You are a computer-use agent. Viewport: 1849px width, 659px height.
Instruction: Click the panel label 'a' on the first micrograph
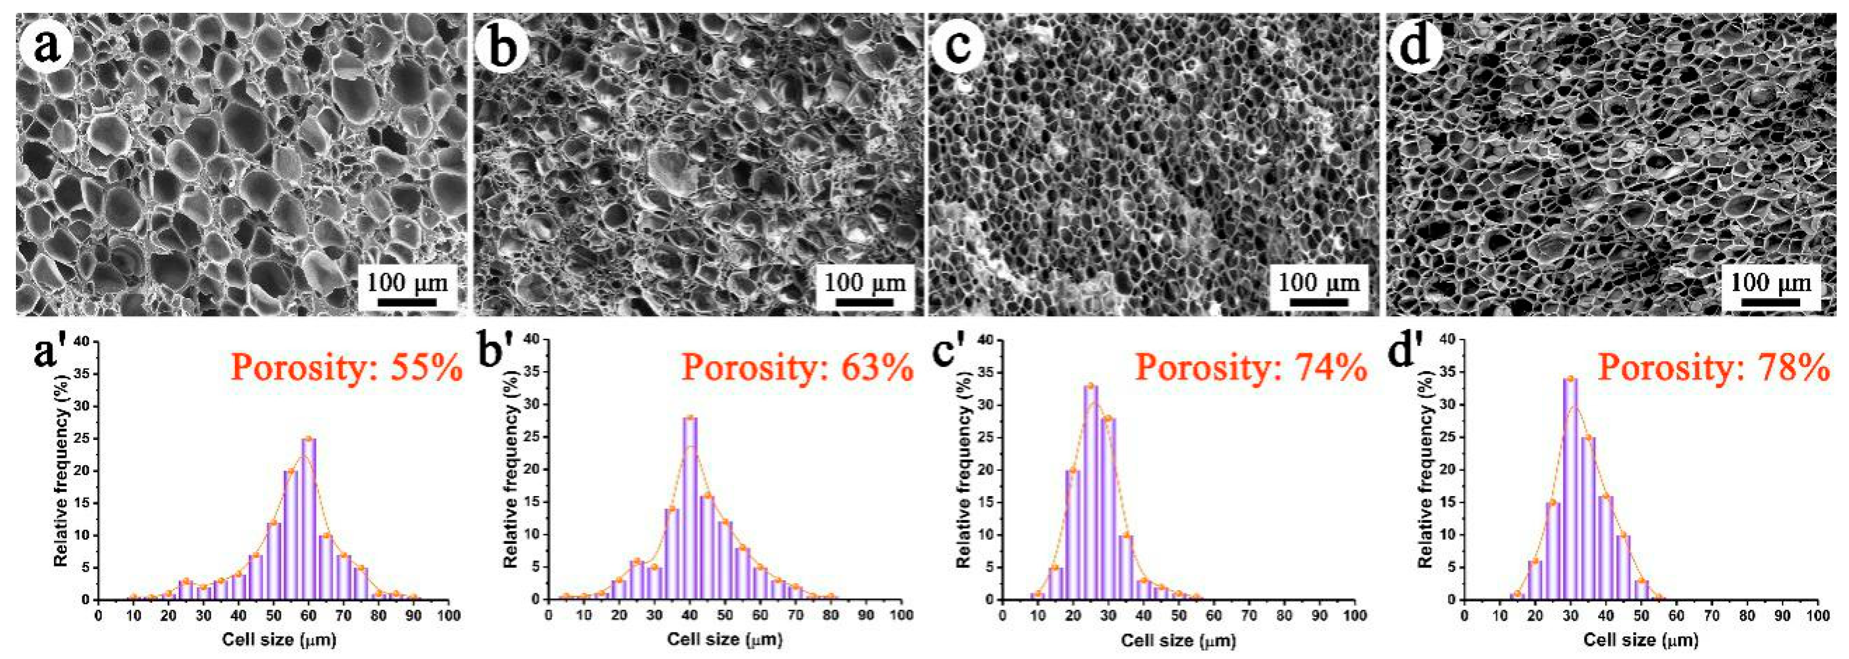[45, 47]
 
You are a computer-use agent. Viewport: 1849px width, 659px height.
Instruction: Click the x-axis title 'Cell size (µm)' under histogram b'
[725, 639]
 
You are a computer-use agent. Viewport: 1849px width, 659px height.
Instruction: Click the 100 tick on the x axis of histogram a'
[449, 616]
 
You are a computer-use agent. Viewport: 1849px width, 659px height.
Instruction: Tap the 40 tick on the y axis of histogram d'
[1449, 342]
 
